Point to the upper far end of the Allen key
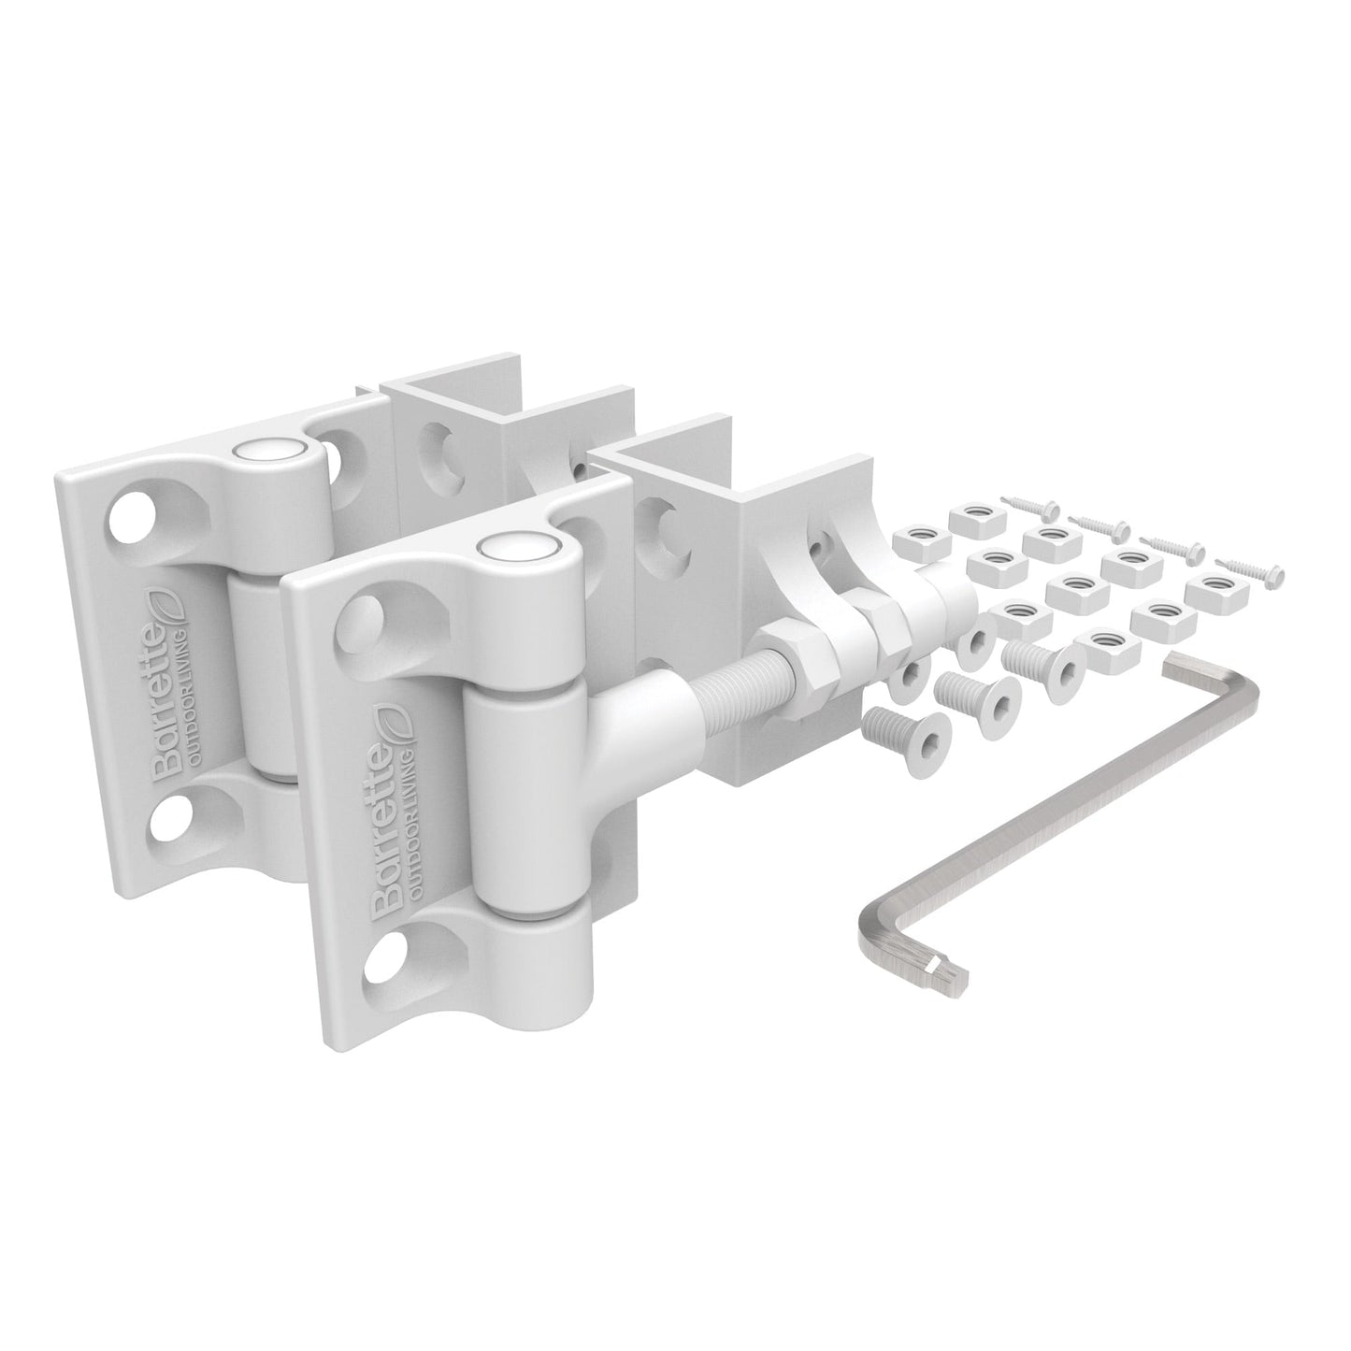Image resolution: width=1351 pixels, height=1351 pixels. (x=1181, y=665)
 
